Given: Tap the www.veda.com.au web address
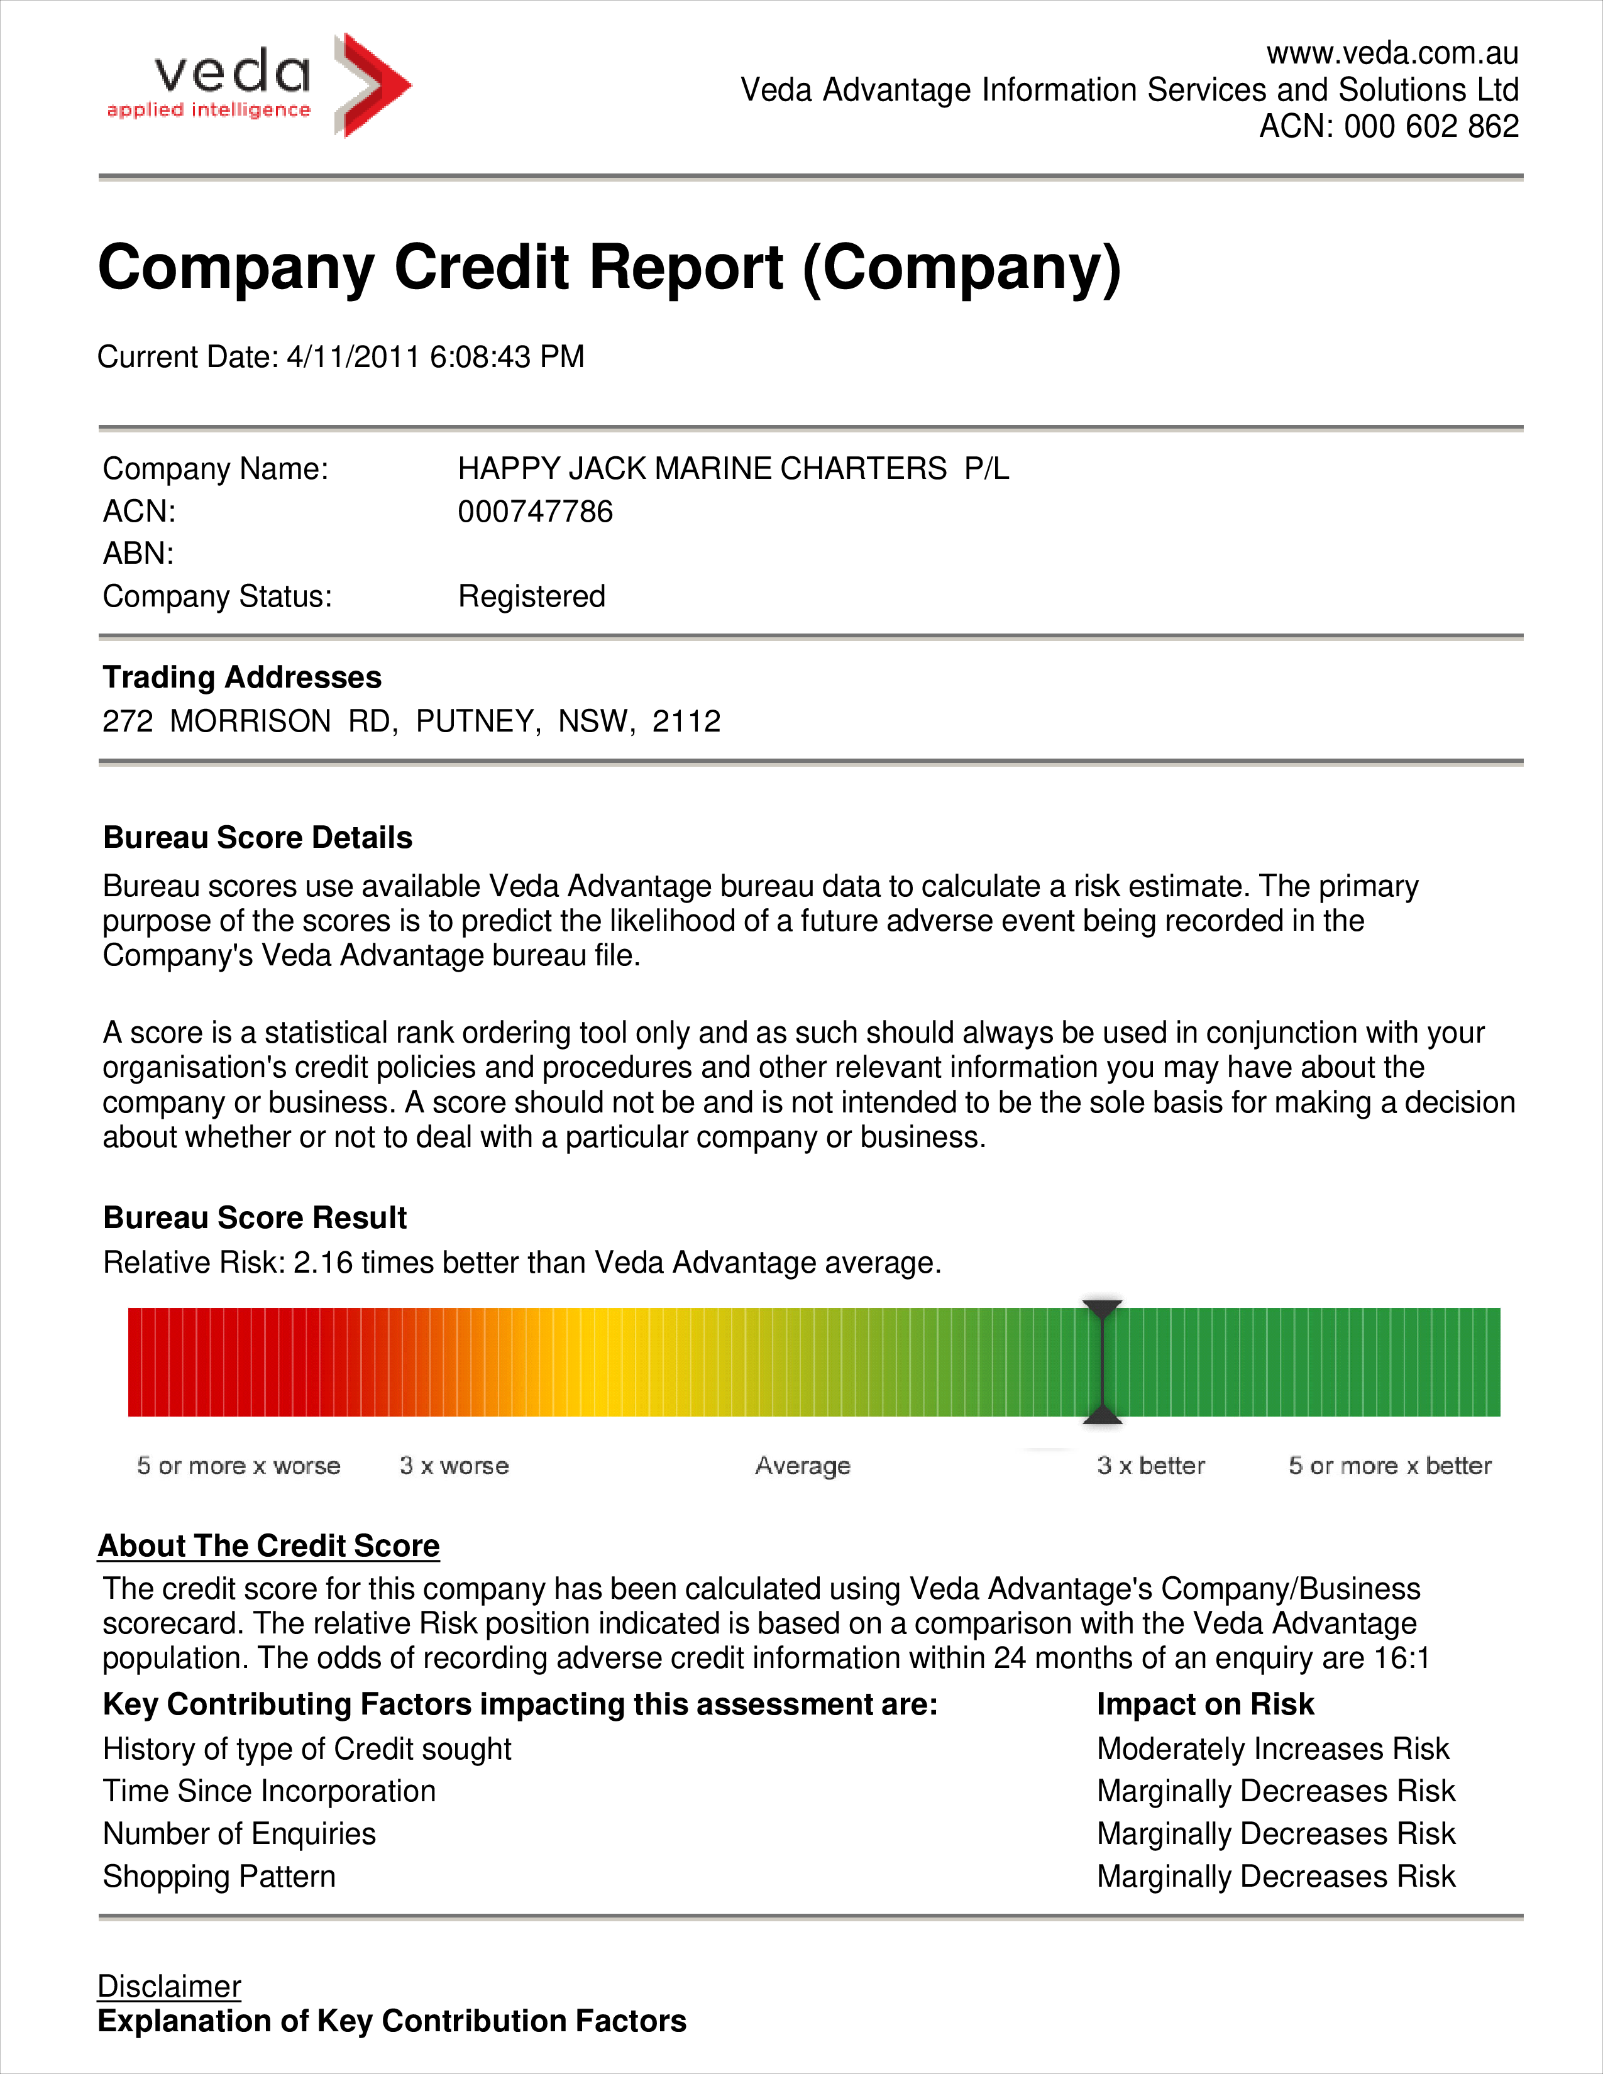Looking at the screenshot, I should click(x=1392, y=53).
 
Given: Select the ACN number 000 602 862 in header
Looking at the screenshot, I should click(x=1431, y=126).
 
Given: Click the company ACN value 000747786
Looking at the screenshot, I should click(x=536, y=512).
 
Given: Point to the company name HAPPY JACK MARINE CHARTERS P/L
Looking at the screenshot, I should click(x=733, y=469).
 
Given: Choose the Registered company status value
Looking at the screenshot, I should click(x=532, y=596).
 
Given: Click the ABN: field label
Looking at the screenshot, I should click(x=139, y=554).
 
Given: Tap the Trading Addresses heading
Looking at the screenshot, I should click(x=242, y=677).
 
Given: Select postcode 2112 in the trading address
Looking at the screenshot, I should click(x=686, y=722).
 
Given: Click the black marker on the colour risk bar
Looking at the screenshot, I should click(x=1103, y=1362).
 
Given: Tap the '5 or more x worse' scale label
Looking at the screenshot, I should click(x=238, y=1465).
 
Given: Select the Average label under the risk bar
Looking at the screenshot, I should click(x=803, y=1465).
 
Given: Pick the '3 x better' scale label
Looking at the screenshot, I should click(x=1151, y=1465).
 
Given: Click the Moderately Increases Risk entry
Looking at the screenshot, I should click(x=1272, y=1749).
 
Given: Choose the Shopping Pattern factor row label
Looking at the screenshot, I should click(x=219, y=1877).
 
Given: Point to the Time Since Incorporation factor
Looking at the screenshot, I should click(x=270, y=1792).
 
